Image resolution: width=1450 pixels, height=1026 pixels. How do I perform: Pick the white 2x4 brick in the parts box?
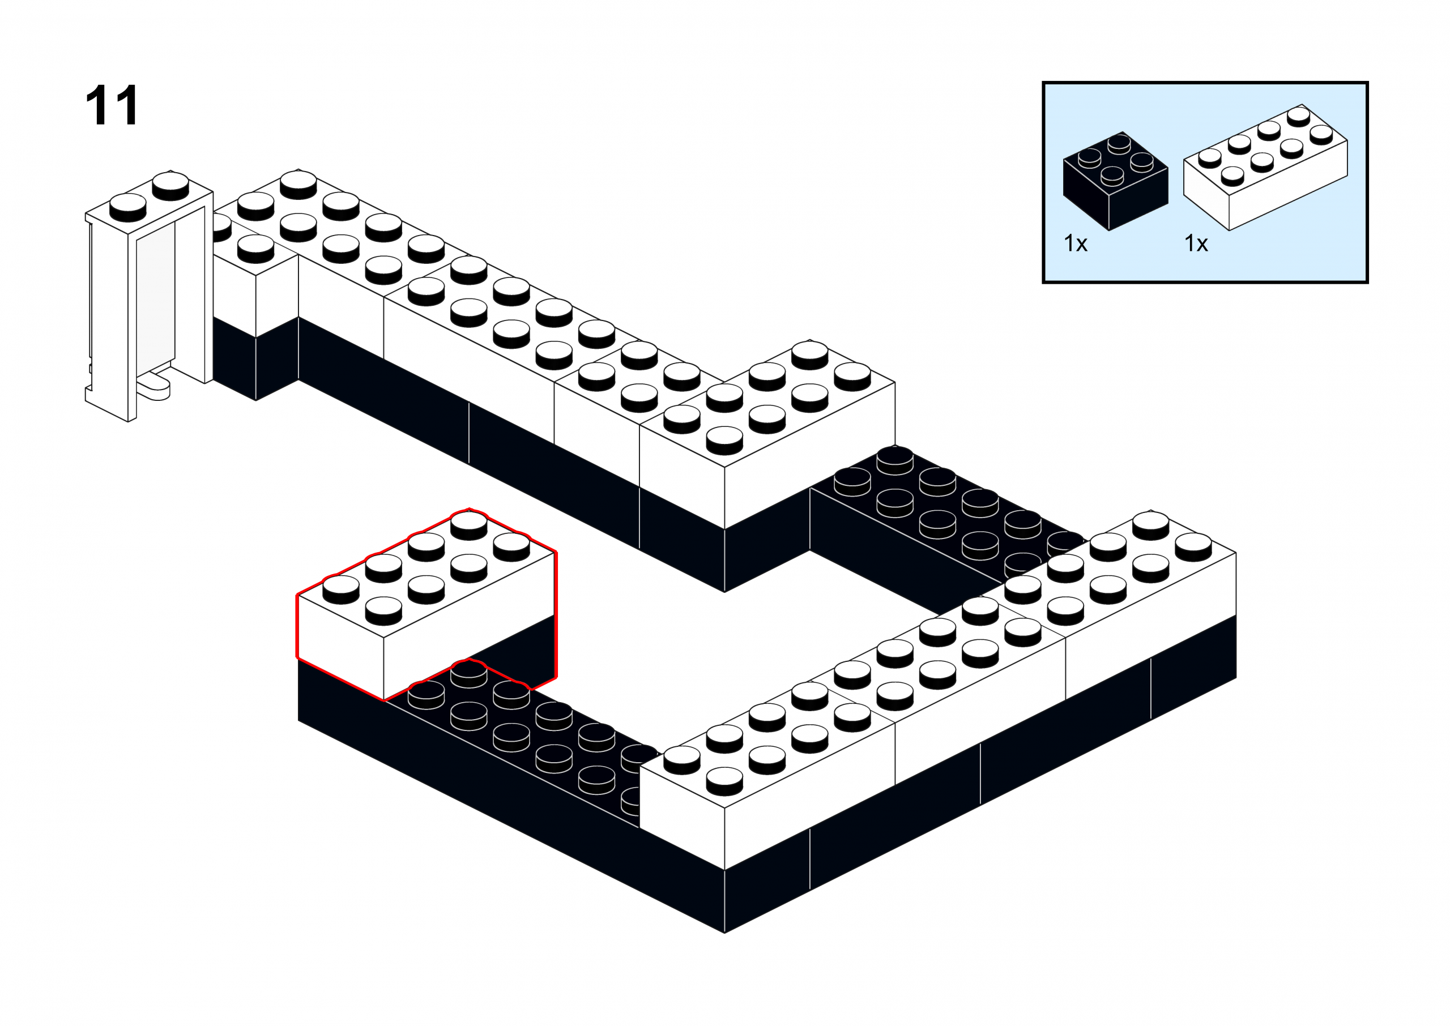[1265, 168]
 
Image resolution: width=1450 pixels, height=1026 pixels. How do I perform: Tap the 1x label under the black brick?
[1076, 243]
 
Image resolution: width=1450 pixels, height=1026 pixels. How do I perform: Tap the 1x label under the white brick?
[1196, 243]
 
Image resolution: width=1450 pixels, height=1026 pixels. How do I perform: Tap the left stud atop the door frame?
[128, 207]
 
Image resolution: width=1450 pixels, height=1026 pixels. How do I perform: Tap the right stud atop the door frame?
[170, 185]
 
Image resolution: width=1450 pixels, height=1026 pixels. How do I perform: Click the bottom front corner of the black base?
[724, 933]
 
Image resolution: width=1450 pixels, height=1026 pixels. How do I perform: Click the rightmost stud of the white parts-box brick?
[1321, 135]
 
